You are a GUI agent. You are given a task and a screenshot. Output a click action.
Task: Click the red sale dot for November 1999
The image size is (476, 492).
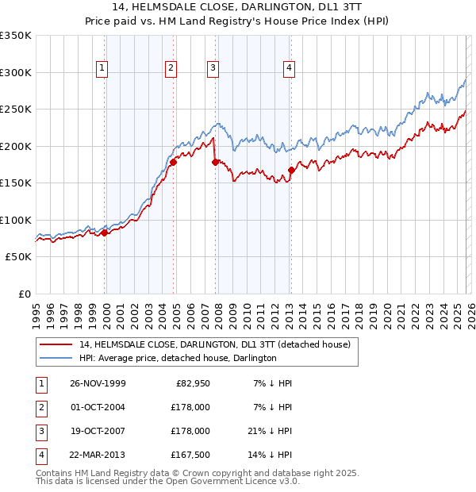tap(104, 233)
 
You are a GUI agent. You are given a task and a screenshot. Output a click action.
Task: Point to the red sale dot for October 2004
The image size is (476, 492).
tap(173, 162)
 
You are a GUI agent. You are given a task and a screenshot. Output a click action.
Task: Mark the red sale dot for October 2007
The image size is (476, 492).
tap(215, 162)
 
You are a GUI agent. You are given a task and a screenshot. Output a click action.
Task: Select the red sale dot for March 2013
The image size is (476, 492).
tap(291, 170)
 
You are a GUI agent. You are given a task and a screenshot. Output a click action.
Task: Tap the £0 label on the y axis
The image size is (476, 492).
tap(24, 294)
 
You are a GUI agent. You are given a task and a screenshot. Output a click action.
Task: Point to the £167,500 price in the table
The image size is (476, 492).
tap(190, 455)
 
